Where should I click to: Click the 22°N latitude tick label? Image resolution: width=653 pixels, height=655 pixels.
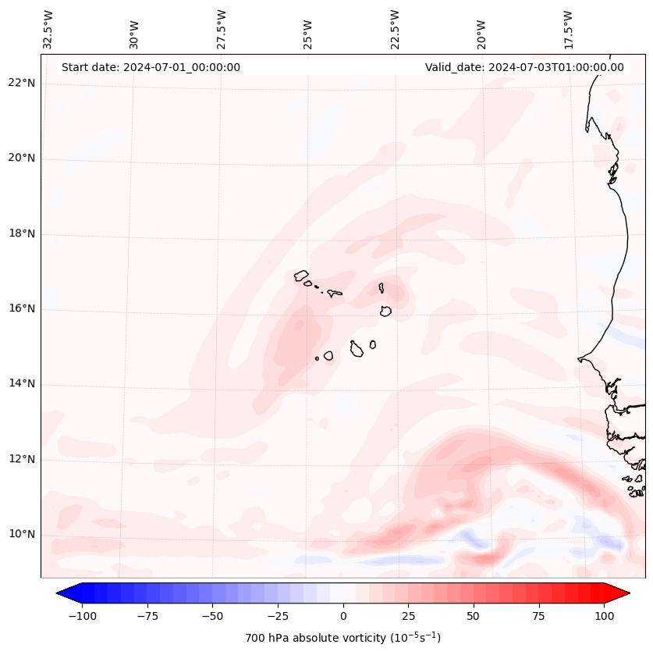[x=22, y=84]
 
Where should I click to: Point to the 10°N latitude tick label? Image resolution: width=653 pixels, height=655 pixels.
[x=22, y=535]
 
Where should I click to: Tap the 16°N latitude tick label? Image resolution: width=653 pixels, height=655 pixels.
[x=22, y=309]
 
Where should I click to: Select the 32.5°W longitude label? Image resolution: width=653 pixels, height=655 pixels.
[x=48, y=29]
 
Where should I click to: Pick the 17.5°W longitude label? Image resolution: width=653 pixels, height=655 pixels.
[x=568, y=29]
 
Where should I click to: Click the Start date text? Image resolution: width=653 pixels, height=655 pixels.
[x=151, y=67]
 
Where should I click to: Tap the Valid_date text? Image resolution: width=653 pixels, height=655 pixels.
[x=524, y=67]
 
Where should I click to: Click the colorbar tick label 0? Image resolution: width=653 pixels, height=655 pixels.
[x=343, y=616]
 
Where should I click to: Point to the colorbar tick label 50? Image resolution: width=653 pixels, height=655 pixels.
[x=474, y=616]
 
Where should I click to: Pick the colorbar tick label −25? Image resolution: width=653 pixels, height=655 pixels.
[x=278, y=616]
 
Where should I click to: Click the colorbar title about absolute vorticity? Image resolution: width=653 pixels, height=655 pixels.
[x=343, y=638]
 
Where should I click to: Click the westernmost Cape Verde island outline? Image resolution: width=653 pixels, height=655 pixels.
[x=301, y=276]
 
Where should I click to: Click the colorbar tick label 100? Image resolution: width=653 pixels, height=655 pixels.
[x=604, y=616]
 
